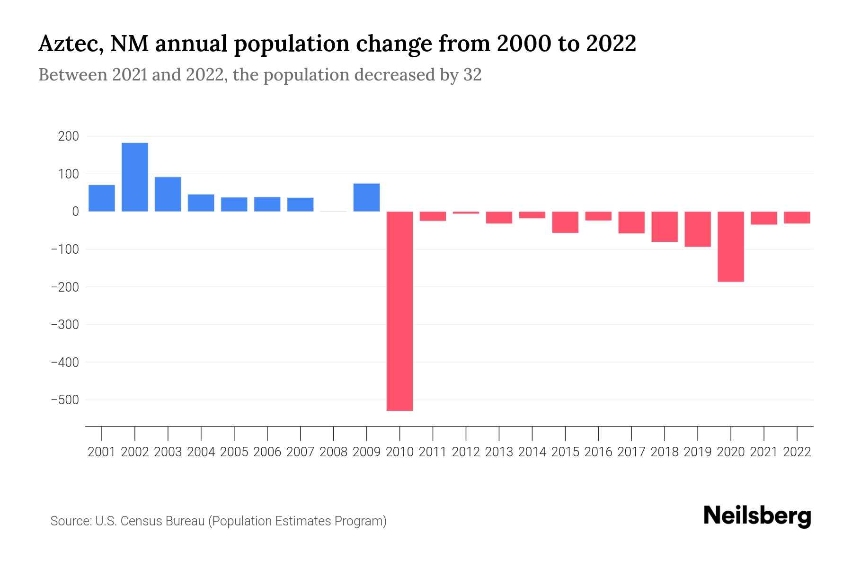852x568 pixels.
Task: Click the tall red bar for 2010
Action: pyautogui.click(x=399, y=311)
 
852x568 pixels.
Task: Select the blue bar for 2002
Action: pyautogui.click(x=134, y=177)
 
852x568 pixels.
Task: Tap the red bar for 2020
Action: pyautogui.click(x=730, y=247)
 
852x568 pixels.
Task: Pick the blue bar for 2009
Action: pyautogui.click(x=366, y=197)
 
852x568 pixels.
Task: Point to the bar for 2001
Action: pyautogui.click(x=101, y=198)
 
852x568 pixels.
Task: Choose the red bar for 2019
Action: pyautogui.click(x=697, y=229)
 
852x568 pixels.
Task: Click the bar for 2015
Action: pyautogui.click(x=565, y=222)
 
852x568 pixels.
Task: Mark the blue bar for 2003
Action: pyautogui.click(x=168, y=194)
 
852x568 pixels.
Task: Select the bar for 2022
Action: pyautogui.click(x=797, y=217)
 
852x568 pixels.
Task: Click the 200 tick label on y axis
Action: pyautogui.click(x=68, y=137)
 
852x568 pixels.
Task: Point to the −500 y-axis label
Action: pyautogui.click(x=65, y=400)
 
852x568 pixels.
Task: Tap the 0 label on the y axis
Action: pyautogui.click(x=75, y=212)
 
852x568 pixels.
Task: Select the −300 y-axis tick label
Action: pyautogui.click(x=65, y=325)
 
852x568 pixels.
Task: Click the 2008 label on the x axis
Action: pyautogui.click(x=333, y=452)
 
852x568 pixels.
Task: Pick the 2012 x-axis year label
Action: pyautogui.click(x=466, y=452)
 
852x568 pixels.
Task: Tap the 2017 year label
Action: pyautogui.click(x=631, y=452)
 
